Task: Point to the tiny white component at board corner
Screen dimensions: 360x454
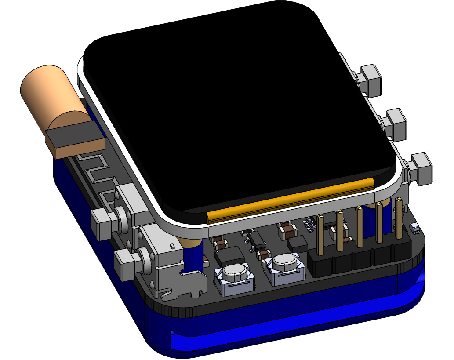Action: click(414, 227)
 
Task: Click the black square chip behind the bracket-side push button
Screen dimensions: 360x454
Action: click(229, 255)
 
